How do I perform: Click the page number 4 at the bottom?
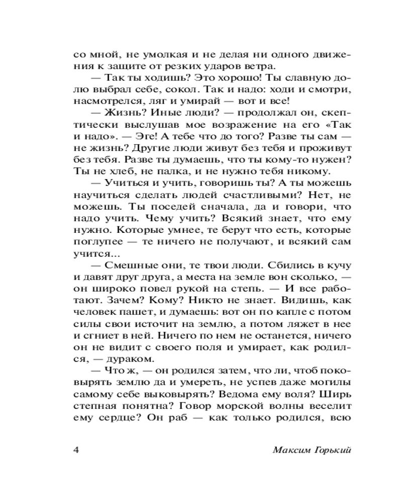tap(77, 450)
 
